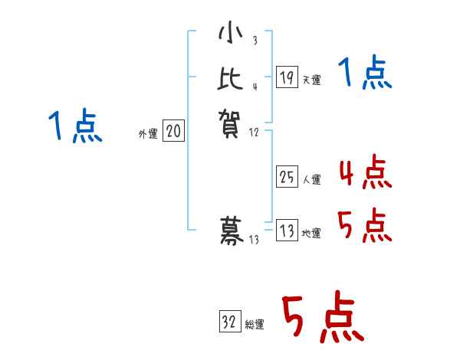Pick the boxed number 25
pyautogui.click(x=287, y=178)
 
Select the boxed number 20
pyautogui.click(x=173, y=132)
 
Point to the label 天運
pyautogui.click(x=312, y=80)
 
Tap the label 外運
pyautogui.click(x=147, y=134)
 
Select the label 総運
pyautogui.click(x=255, y=325)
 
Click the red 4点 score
pyautogui.click(x=364, y=173)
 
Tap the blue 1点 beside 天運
pyautogui.click(x=364, y=74)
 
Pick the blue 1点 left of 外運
pyautogui.click(x=74, y=126)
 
